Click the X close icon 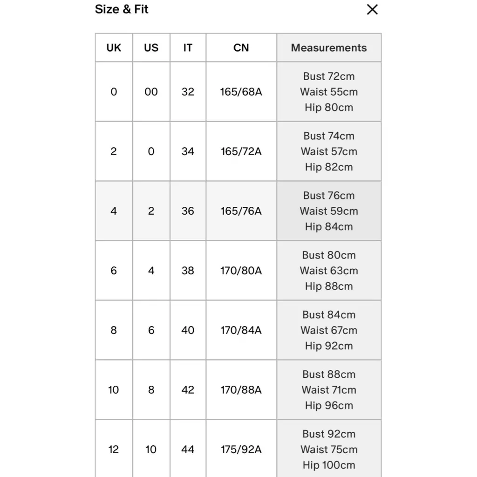(x=372, y=9)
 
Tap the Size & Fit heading (x=122, y=9)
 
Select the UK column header (x=114, y=48)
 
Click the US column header (x=151, y=48)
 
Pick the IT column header (x=188, y=48)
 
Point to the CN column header (x=241, y=48)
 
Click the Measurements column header (x=329, y=48)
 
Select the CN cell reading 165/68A (x=241, y=92)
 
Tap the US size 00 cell (x=151, y=92)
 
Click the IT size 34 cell (x=188, y=151)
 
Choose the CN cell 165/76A (x=241, y=211)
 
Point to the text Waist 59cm (x=329, y=211)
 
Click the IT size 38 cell (x=188, y=271)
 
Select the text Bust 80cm (x=329, y=255)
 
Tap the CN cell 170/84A (x=241, y=330)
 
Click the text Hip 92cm (x=329, y=346)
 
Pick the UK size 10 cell (x=114, y=390)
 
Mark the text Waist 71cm (x=329, y=390)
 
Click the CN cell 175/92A (x=241, y=450)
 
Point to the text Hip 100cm (x=329, y=465)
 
